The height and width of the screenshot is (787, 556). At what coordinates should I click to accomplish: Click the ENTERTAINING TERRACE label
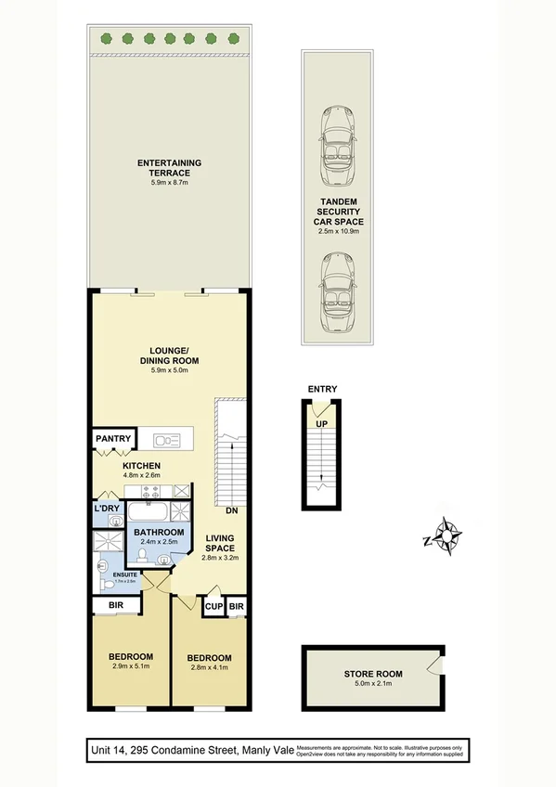[x=169, y=168]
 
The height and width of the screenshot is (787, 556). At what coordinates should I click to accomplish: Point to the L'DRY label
[x=105, y=509]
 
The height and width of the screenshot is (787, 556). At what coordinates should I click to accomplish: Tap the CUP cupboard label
[x=213, y=607]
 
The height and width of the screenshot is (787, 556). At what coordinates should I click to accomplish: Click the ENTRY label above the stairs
[x=322, y=390]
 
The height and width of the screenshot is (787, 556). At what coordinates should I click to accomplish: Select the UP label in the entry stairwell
[x=322, y=423]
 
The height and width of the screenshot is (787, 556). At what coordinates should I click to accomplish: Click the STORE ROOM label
[x=371, y=675]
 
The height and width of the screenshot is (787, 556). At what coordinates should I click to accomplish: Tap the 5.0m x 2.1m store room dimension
[x=371, y=686]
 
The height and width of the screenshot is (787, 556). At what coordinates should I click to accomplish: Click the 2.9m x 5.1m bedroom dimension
[x=130, y=665]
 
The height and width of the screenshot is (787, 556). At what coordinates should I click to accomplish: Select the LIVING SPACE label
[x=221, y=543]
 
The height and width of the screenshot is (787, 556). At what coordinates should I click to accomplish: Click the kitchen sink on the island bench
[x=168, y=439]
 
